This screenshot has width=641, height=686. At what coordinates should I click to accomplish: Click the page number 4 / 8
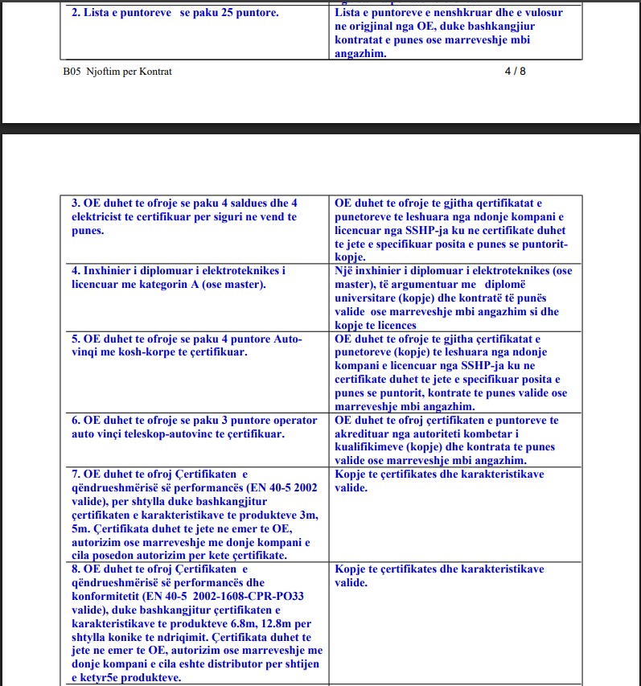pyautogui.click(x=515, y=71)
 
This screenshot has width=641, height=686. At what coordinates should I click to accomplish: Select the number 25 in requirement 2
pyautogui.click(x=213, y=14)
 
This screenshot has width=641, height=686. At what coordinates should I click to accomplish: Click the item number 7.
pyautogui.click(x=76, y=474)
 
